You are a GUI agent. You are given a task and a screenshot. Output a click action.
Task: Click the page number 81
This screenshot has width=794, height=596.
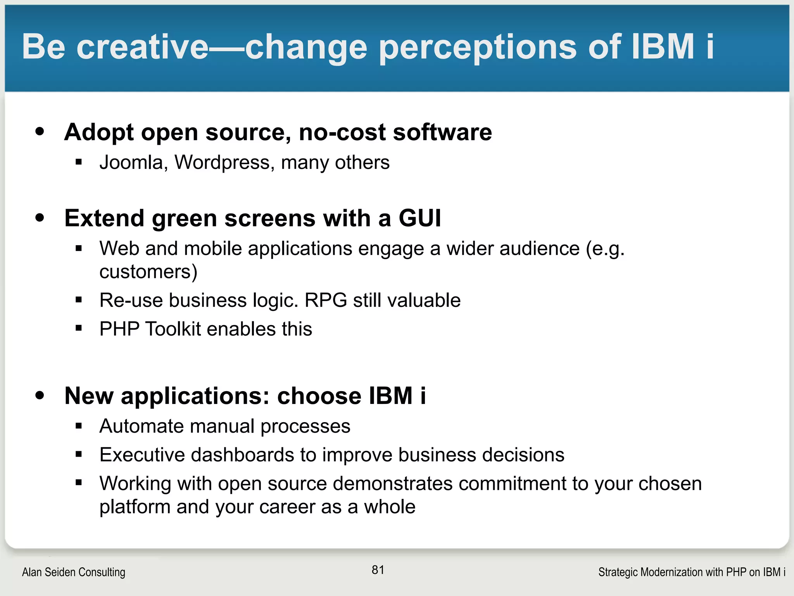(x=378, y=570)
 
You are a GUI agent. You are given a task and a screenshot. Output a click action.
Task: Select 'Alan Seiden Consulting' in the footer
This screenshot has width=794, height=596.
(x=74, y=572)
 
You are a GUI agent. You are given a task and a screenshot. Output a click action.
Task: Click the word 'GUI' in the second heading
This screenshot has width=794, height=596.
(x=420, y=218)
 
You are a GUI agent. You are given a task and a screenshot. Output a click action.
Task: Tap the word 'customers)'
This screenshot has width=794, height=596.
(x=148, y=272)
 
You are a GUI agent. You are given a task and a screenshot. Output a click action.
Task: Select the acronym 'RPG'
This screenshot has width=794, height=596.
(x=326, y=300)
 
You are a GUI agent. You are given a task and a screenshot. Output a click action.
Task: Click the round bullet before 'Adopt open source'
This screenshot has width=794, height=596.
(x=40, y=132)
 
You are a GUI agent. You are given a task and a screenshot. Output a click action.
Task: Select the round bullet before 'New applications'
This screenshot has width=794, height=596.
(x=40, y=395)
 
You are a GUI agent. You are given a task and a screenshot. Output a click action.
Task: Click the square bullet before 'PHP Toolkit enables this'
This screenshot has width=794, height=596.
(x=79, y=328)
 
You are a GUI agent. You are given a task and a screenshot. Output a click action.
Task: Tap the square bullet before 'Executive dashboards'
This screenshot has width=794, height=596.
(x=79, y=454)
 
